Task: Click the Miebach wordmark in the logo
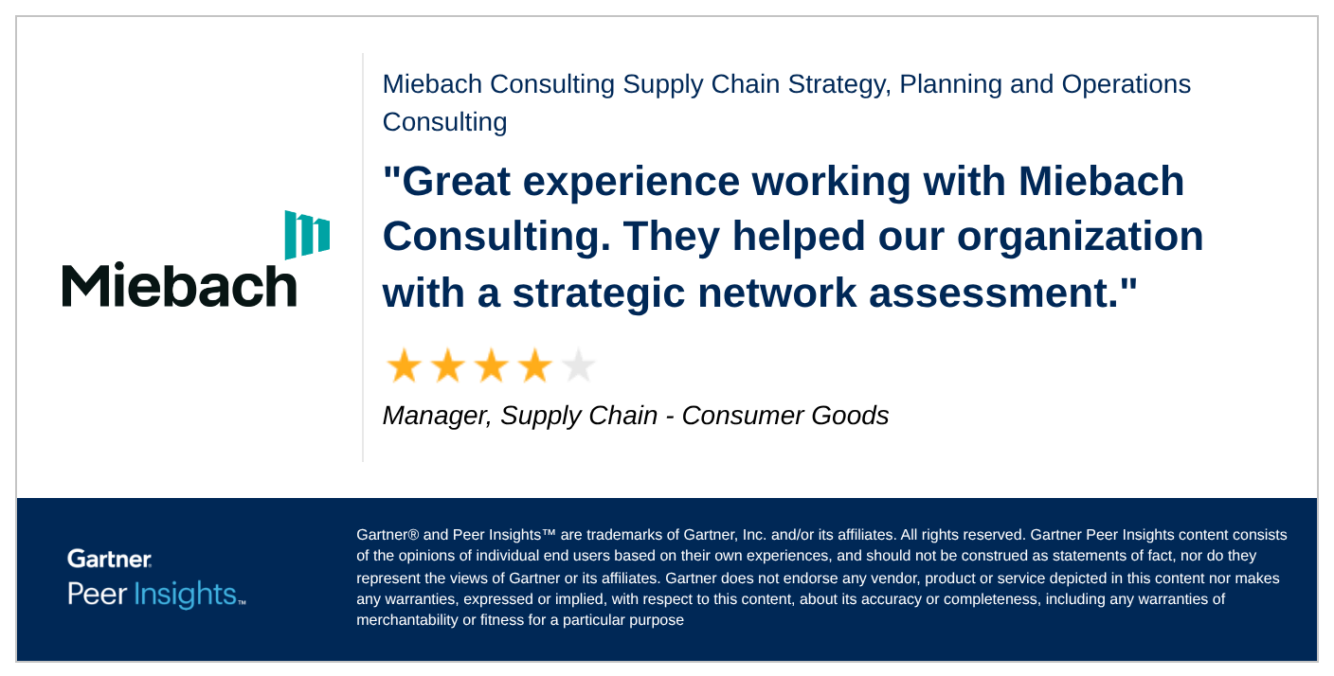179,285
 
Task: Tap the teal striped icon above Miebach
307,235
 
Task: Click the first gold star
405,365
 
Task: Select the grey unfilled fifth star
578,365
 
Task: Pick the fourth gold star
534,365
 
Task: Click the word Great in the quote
456,182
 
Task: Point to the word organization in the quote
1080,238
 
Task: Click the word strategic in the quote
599,294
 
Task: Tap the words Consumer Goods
784,416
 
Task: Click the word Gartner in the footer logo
110,559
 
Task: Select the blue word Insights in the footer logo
185,595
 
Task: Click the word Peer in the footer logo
97,595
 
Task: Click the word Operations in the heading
1127,85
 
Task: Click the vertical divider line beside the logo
363,258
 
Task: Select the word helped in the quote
798,238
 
